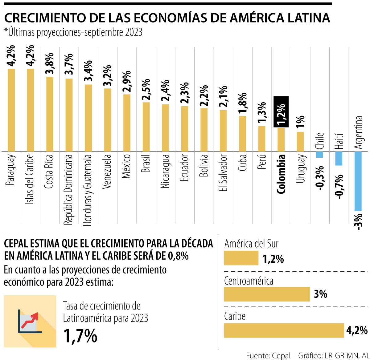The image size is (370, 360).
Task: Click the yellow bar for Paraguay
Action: click(x=11, y=110)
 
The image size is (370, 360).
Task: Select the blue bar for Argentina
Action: click(x=358, y=181)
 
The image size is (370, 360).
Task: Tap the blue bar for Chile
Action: click(x=319, y=155)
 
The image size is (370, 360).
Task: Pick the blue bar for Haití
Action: click(x=339, y=159)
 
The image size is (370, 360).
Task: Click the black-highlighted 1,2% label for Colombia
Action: click(x=281, y=112)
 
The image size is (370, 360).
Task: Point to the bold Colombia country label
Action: click(x=281, y=174)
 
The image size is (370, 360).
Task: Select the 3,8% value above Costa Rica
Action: click(x=50, y=63)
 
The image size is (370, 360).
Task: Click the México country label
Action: click(x=126, y=167)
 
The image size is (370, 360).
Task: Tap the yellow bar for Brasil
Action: click(x=146, y=127)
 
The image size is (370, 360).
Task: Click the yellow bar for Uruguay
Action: click(x=300, y=142)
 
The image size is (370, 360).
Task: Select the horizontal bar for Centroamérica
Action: click(x=267, y=294)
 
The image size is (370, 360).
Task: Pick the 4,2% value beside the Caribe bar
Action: click(x=357, y=330)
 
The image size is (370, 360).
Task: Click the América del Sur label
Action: click(x=251, y=244)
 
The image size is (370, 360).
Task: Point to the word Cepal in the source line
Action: click(x=281, y=355)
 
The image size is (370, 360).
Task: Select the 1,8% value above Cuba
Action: click(x=243, y=103)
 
